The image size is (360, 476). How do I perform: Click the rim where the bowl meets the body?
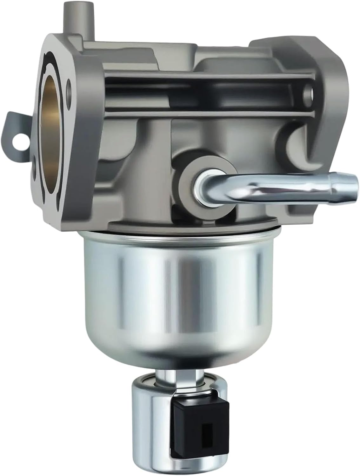178,233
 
